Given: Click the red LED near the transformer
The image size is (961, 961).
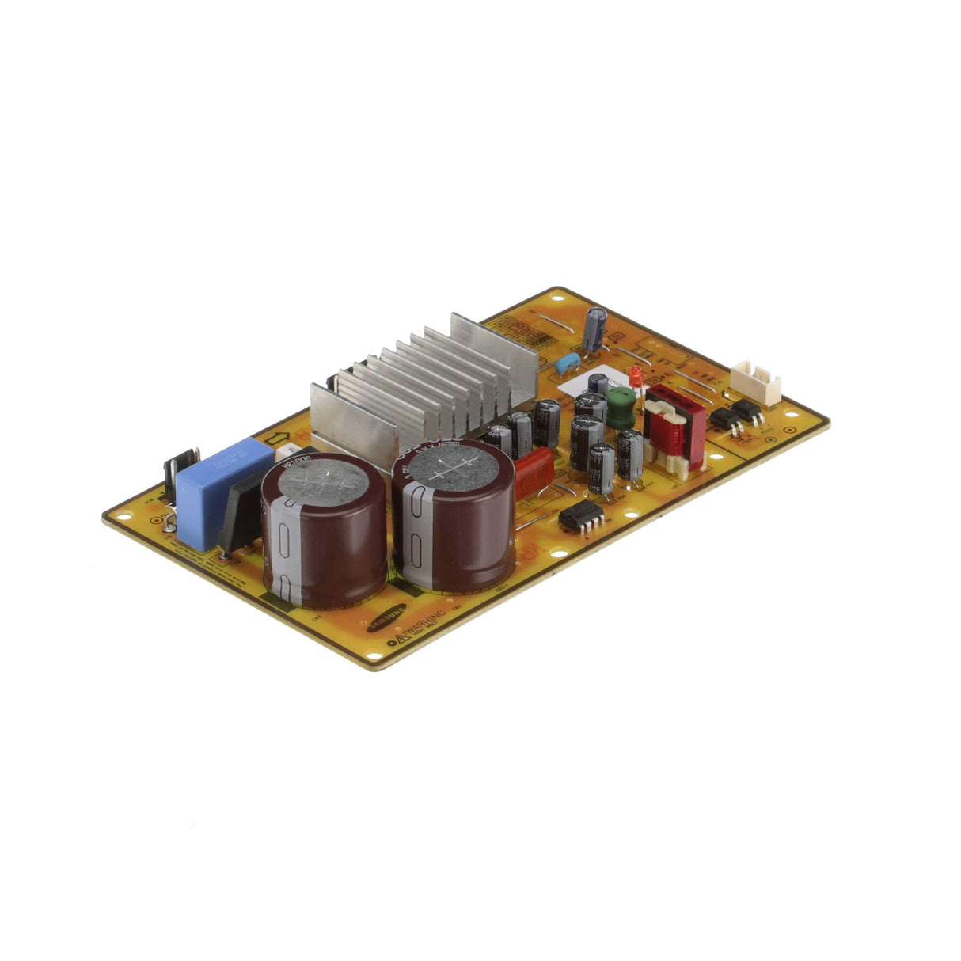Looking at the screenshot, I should coord(636,375).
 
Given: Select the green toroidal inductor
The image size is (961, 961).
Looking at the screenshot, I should coord(622,406).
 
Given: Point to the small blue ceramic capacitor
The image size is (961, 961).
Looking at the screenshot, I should coord(567,365).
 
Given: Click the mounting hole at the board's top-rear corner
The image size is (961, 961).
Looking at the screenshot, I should coord(556,298).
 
